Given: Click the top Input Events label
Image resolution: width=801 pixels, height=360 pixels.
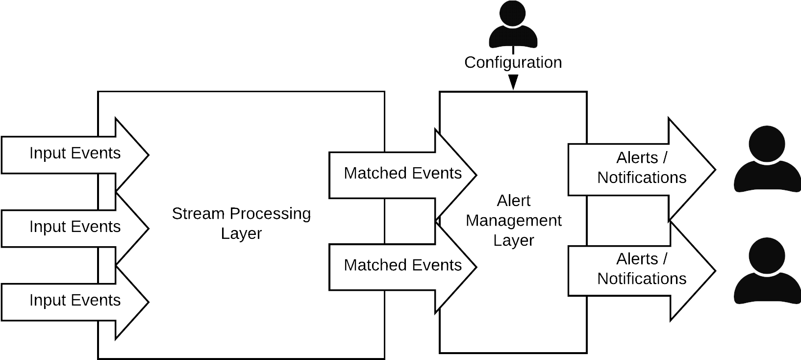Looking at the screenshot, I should click(75, 153).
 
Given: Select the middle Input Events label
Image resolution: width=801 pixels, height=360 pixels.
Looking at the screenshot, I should click(75, 227).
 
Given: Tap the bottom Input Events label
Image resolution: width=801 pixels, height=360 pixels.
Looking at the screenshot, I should click(75, 300).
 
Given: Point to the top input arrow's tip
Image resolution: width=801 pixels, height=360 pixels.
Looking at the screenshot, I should click(148, 154).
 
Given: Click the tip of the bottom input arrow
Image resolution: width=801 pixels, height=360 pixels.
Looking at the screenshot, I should click(148, 302).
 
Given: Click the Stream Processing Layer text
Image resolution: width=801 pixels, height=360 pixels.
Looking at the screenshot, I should click(241, 223).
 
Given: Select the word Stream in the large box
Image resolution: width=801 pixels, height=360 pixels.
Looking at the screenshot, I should click(198, 214).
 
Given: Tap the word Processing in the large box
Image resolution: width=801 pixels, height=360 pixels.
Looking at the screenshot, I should click(269, 214).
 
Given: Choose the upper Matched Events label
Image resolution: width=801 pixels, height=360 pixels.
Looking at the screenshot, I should click(402, 173).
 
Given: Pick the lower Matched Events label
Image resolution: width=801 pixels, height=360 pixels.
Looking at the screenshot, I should click(402, 265).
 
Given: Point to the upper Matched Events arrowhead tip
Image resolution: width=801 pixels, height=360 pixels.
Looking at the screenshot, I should click(476, 175).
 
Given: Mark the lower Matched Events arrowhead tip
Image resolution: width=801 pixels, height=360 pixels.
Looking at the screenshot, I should click(476, 267).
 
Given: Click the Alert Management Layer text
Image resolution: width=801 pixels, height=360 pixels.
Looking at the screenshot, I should click(513, 220).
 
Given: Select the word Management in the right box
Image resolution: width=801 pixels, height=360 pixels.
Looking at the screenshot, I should click(513, 220).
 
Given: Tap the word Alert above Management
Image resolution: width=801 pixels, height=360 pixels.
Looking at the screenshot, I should click(513, 201).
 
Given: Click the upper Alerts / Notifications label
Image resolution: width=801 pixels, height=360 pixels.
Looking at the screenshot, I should click(641, 167).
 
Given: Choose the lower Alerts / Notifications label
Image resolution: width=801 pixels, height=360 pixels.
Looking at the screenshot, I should click(641, 268).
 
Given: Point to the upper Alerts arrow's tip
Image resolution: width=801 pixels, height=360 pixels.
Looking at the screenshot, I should click(713, 170).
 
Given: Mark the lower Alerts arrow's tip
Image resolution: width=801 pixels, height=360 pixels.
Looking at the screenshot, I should click(713, 271).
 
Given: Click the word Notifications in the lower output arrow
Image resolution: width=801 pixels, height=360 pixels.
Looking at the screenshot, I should click(641, 279).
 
